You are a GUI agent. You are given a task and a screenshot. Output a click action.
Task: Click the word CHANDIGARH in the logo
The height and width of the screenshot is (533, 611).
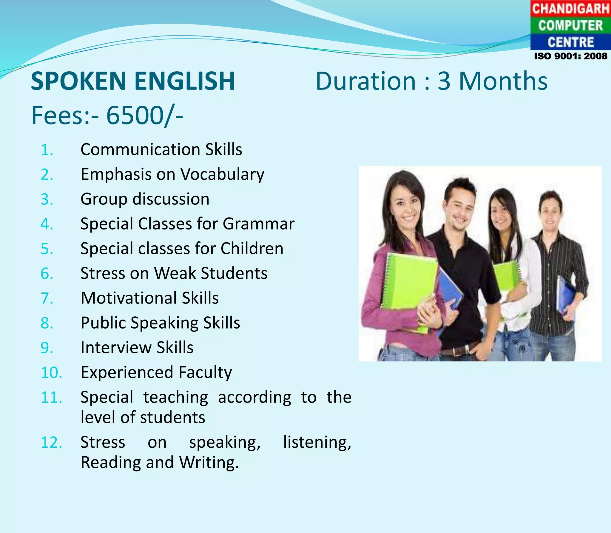click(x=570, y=8)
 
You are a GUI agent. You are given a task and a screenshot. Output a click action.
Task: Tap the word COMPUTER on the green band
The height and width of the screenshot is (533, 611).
click(x=570, y=25)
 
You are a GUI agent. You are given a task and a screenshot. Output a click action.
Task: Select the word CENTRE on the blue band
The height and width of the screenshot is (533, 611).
click(x=570, y=42)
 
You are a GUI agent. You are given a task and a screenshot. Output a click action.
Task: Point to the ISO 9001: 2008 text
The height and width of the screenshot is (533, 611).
click(x=570, y=56)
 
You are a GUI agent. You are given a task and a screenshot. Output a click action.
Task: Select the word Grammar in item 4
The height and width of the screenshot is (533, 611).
click(x=258, y=224)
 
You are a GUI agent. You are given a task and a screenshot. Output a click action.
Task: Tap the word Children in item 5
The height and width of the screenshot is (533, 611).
click(x=252, y=249)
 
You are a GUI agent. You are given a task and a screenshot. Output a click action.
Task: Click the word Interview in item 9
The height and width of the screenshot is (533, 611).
click(x=116, y=348)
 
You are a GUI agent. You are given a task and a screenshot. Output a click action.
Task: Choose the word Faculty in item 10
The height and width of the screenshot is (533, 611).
click(x=205, y=372)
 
